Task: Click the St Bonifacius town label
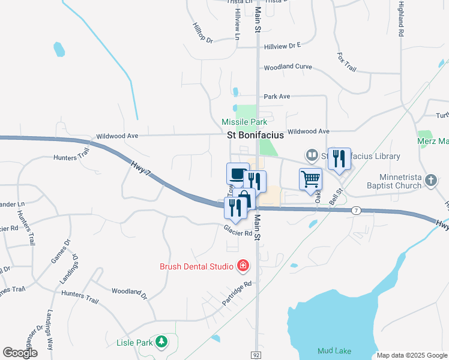point(255,136)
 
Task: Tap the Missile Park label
point(244,122)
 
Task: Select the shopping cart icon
point(310,178)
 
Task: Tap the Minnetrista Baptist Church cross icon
point(430,180)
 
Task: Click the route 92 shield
point(256,355)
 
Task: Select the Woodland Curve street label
point(288,67)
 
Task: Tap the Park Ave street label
point(277,96)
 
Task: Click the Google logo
point(20,353)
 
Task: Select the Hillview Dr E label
point(282,45)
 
